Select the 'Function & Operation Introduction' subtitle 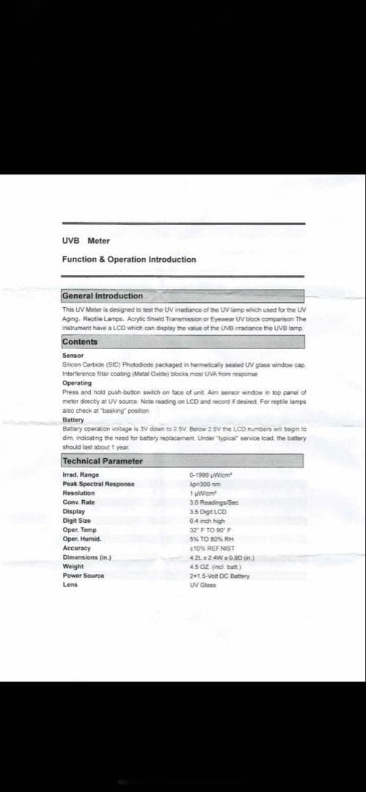pyautogui.click(x=128, y=260)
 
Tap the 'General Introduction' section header pyautogui.click(x=103, y=296)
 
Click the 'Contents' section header pyautogui.click(x=80, y=342)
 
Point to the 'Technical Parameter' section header pyautogui.click(x=103, y=461)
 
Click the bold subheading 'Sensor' pyautogui.click(x=73, y=356)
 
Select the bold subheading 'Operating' pyautogui.click(x=77, y=383)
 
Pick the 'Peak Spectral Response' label pyautogui.click(x=98, y=484)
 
